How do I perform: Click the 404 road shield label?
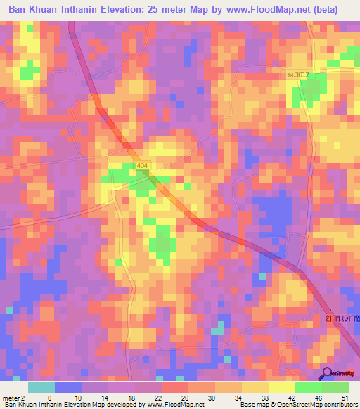tap(143, 165)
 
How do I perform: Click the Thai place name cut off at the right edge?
tap(343, 318)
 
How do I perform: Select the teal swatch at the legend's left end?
tap(41, 387)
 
